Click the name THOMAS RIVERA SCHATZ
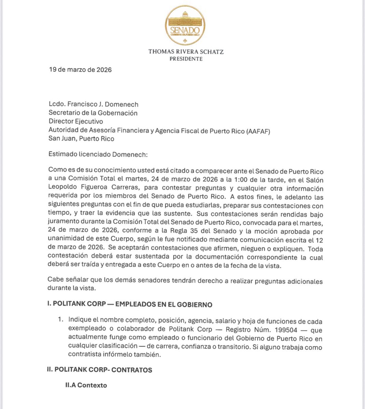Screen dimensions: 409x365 tap(186, 52)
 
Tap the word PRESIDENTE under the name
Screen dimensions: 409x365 tap(186, 59)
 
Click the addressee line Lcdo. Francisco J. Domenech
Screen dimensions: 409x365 tap(94, 105)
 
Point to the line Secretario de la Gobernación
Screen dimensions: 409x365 tap(93, 113)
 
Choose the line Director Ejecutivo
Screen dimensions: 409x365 tap(75, 121)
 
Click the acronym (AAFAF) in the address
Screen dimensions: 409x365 tap(258, 130)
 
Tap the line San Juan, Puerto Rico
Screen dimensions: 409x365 tap(81, 139)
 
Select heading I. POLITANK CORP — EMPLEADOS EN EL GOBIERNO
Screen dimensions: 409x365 tap(130, 304)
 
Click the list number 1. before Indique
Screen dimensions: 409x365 tap(61, 321)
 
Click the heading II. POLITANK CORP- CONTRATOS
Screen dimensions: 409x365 tap(100, 370)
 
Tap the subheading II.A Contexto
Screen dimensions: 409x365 tap(86, 385)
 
